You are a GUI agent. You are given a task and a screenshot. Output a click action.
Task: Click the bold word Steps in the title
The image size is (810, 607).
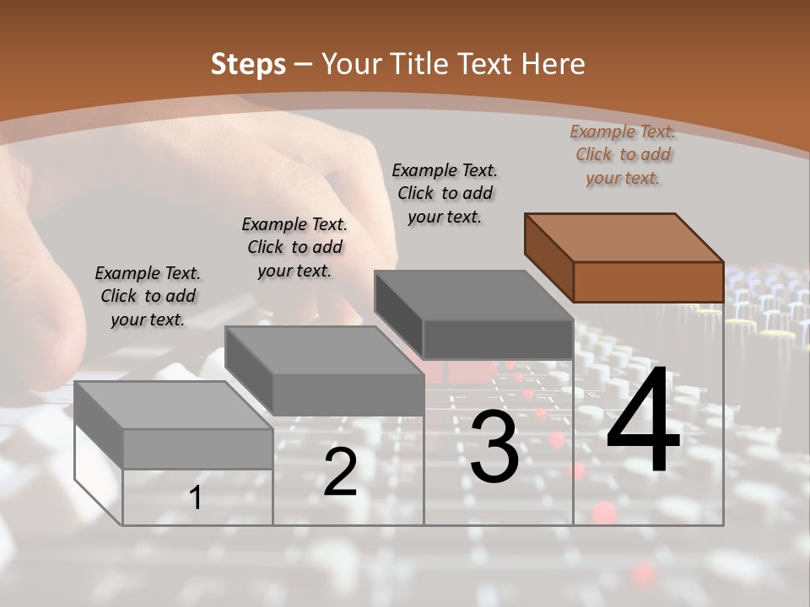[x=248, y=64]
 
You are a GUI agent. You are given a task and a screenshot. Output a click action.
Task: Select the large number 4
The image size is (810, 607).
[x=643, y=422]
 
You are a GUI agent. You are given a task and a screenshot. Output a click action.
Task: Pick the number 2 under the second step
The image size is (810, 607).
[x=340, y=473]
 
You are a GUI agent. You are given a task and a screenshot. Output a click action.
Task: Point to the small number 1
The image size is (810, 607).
[x=195, y=498]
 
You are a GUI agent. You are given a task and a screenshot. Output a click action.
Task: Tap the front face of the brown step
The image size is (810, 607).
[x=648, y=282]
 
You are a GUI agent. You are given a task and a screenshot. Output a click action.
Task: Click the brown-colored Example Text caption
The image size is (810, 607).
[x=623, y=154]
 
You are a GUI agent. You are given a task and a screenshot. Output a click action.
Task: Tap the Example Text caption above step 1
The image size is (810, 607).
[x=148, y=296]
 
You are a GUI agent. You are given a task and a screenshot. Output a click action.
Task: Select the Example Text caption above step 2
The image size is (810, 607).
[x=294, y=247]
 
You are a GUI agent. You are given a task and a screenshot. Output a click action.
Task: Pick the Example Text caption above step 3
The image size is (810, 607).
[x=445, y=193]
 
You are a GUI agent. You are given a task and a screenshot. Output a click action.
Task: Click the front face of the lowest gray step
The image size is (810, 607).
[x=197, y=449]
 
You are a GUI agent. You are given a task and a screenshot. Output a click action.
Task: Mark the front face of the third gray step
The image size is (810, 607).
[x=498, y=339]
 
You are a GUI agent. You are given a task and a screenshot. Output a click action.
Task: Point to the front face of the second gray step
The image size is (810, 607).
[x=348, y=394]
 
